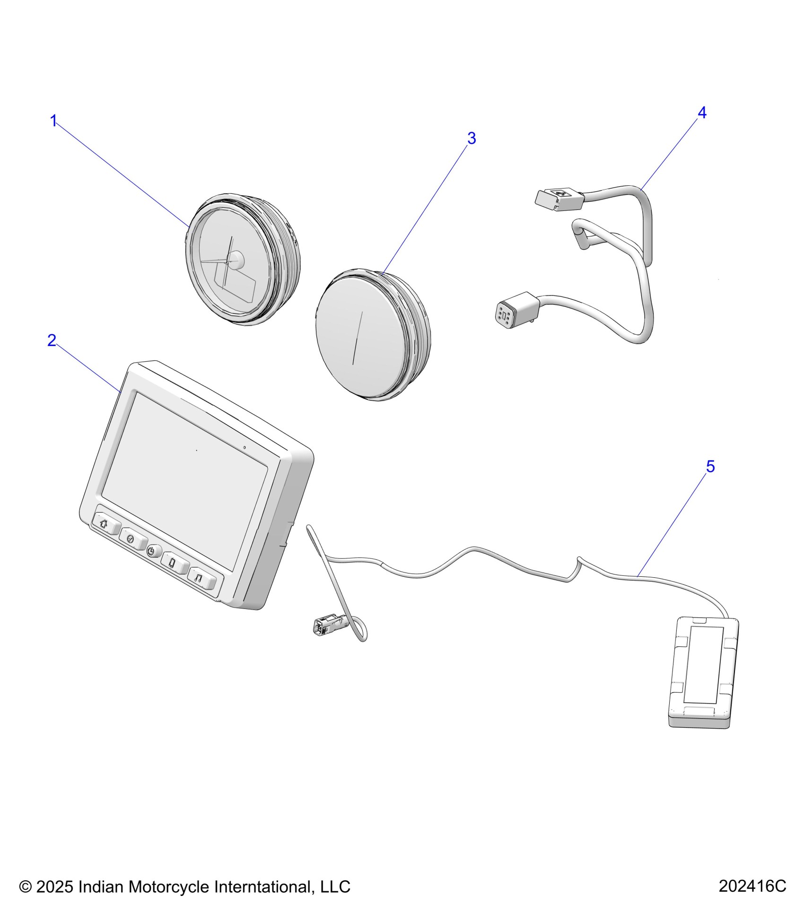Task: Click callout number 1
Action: [x=53, y=121]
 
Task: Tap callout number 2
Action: [x=52, y=340]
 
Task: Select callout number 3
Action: [x=471, y=139]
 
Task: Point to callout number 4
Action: [x=702, y=113]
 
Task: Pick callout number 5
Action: [x=710, y=467]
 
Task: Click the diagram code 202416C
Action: [x=752, y=886]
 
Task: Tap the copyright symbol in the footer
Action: [x=25, y=887]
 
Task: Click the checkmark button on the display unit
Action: [x=131, y=539]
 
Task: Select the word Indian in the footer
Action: [x=101, y=887]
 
